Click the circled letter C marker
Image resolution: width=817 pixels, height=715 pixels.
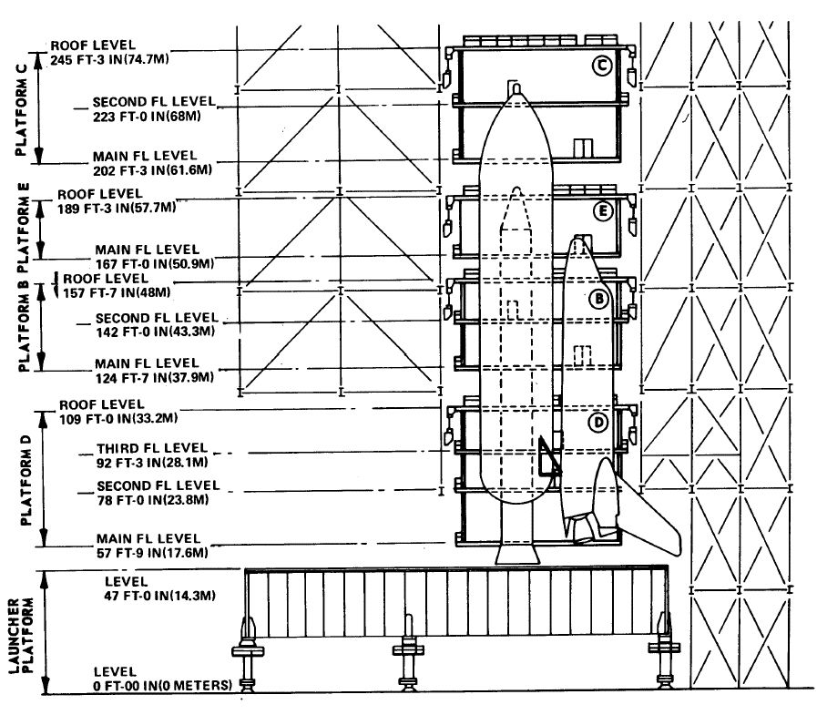coord(602,66)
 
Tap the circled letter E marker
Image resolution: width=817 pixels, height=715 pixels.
coord(603,211)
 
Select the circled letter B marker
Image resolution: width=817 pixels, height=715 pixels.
coord(598,299)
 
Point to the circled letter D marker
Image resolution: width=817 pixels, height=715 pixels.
coord(598,422)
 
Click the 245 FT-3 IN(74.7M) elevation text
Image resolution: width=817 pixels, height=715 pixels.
coord(109,59)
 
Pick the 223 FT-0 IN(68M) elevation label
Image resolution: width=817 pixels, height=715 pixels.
coord(147,117)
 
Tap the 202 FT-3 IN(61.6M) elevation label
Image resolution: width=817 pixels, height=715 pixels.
coord(153,170)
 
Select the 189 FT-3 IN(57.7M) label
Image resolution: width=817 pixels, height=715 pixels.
coord(117,209)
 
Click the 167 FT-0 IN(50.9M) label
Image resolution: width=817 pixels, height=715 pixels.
coord(155,264)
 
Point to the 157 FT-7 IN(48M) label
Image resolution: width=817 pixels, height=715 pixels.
coord(117,293)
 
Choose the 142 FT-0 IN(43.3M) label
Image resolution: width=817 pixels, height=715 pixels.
coord(155,332)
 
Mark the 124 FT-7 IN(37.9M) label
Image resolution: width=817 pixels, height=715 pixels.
coord(154,377)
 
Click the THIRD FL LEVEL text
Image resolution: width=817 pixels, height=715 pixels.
coord(152,447)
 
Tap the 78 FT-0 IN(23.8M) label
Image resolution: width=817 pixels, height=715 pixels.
coord(153,500)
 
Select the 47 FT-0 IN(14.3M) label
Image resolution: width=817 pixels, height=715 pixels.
coord(159,595)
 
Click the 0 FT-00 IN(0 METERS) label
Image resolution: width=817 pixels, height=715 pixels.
coord(162,685)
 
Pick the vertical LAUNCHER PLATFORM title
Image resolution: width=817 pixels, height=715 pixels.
coord(21,636)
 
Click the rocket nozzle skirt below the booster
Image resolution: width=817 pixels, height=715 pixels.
coord(517,554)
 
